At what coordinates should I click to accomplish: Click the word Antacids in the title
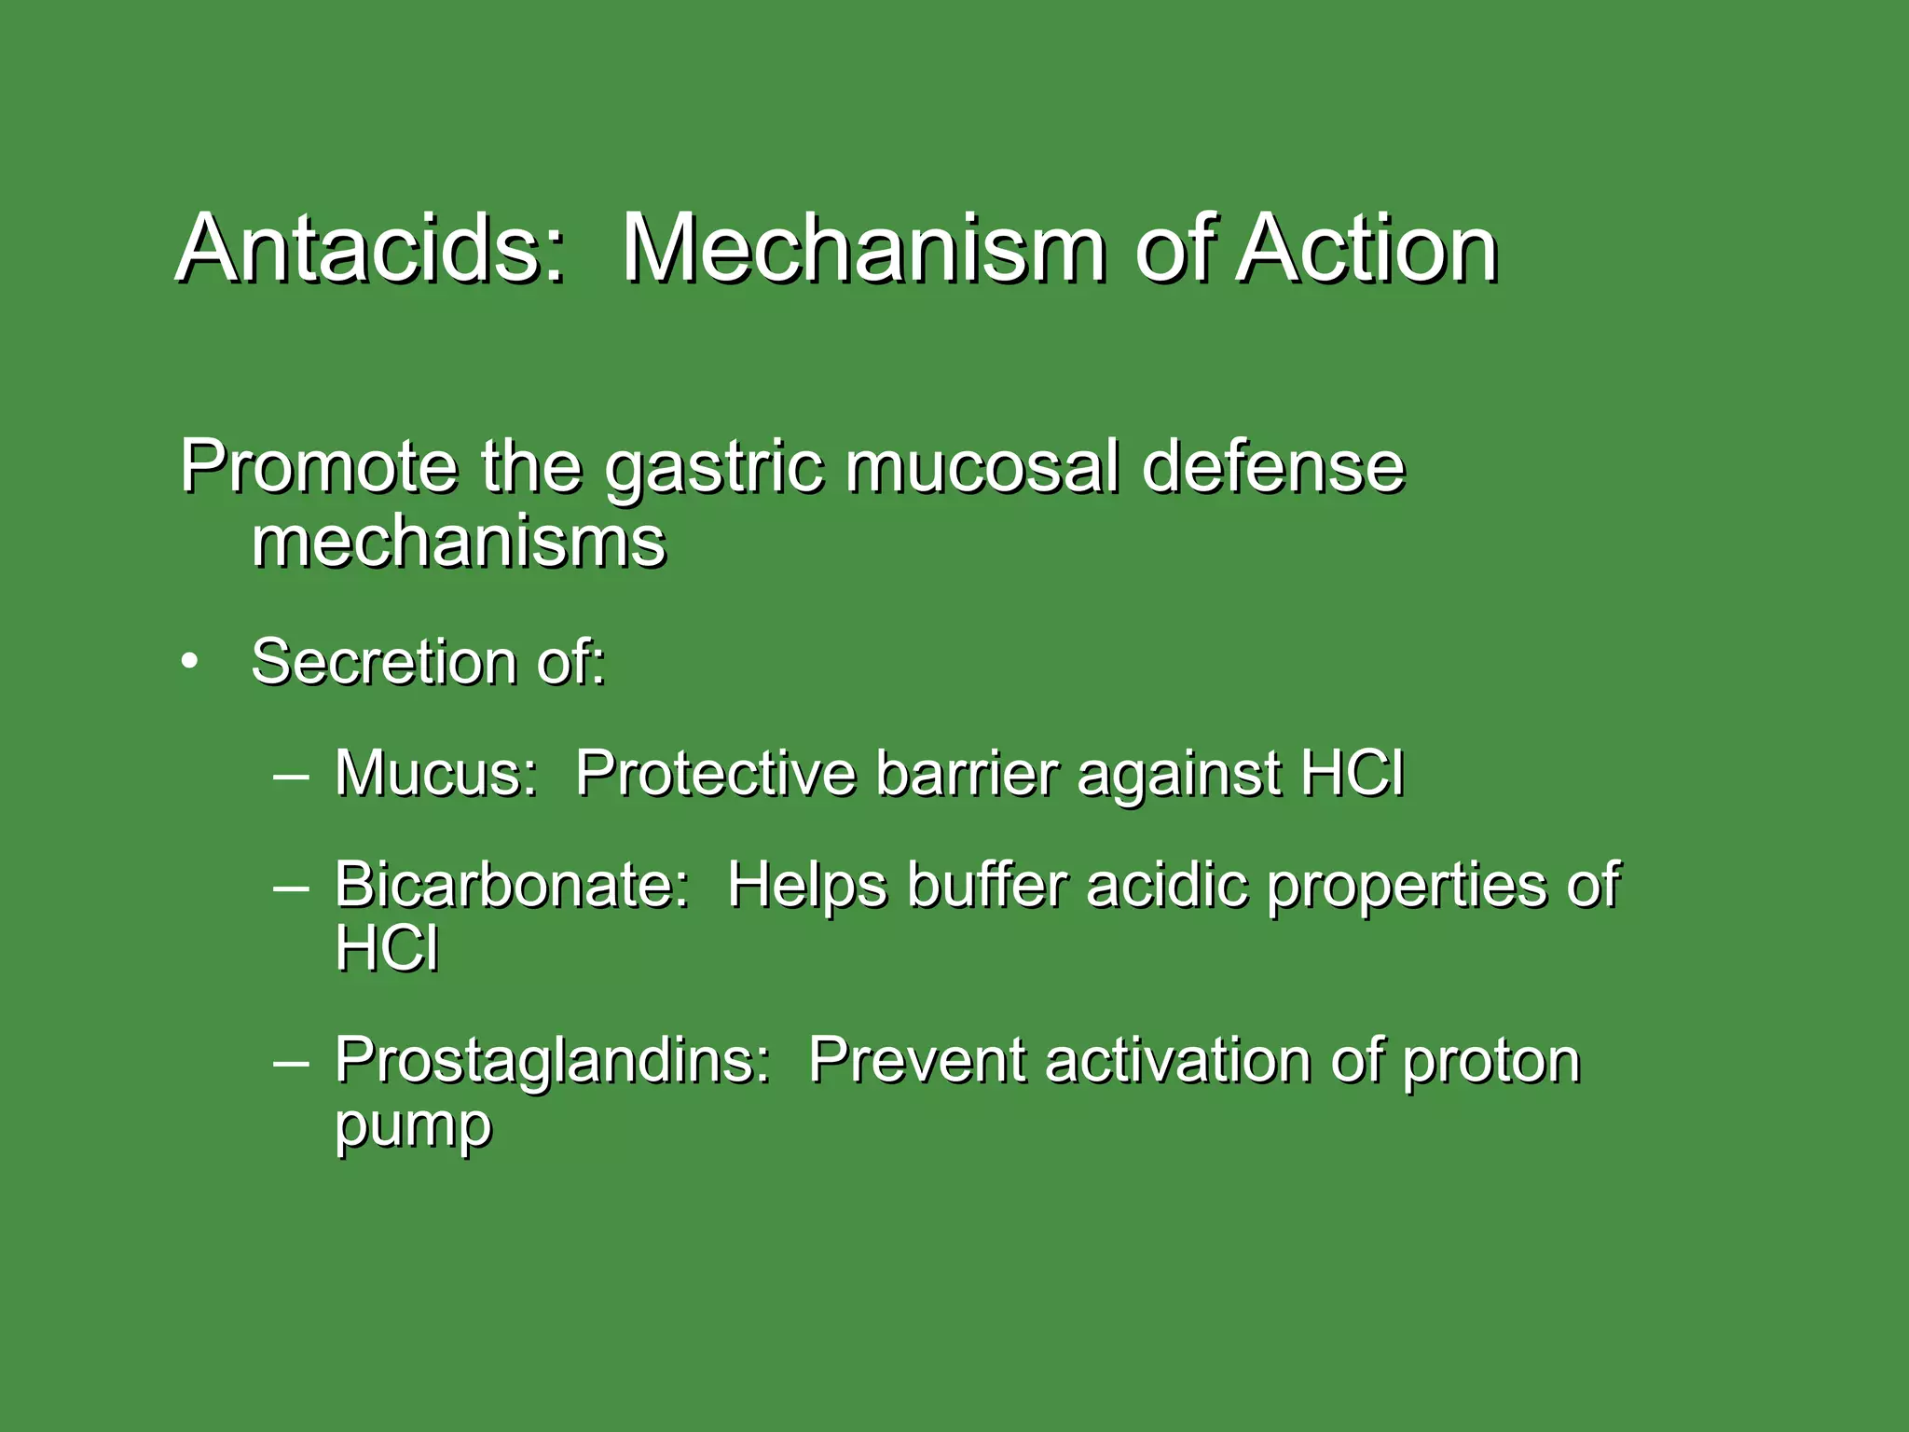tap(371, 249)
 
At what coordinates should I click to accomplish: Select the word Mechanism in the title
tap(864, 249)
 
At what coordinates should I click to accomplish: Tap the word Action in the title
tap(1367, 249)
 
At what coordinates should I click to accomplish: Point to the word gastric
tap(714, 469)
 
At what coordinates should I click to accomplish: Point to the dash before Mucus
tap(292, 775)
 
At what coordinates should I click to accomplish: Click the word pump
tap(413, 1128)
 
